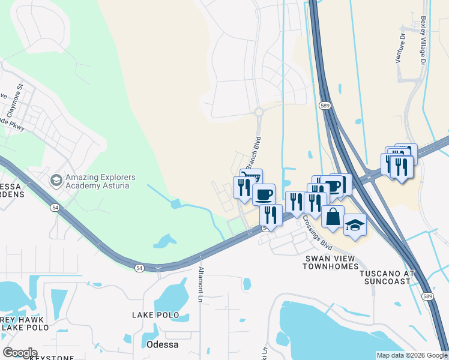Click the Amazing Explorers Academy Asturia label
point(100,182)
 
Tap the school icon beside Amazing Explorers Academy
point(56,179)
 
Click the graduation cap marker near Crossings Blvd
point(355,225)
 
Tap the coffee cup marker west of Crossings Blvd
point(263,194)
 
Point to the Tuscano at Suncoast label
point(387,277)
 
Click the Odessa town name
point(162,344)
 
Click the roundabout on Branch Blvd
point(259,112)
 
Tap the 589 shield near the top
point(325,106)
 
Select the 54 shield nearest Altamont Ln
point(140,268)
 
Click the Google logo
point(19,353)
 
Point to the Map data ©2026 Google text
point(411,355)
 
